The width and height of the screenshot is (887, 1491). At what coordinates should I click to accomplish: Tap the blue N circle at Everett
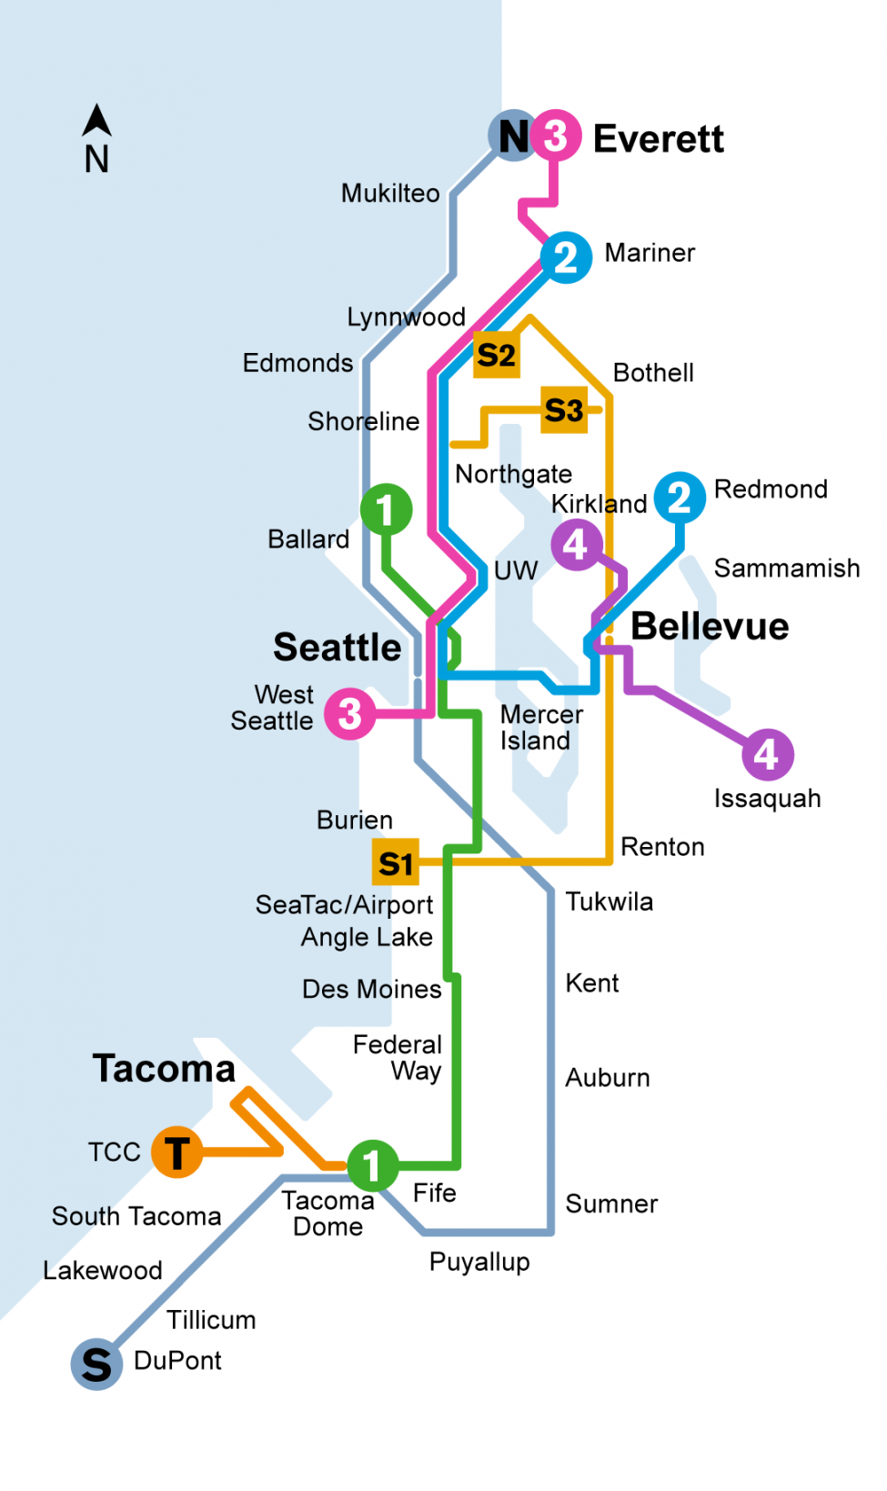(x=513, y=136)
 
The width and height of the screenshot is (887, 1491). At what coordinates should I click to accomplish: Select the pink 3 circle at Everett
(x=556, y=136)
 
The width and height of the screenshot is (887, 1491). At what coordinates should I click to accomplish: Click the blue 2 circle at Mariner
(x=566, y=257)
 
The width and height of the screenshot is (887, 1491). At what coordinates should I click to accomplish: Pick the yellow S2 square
(x=497, y=355)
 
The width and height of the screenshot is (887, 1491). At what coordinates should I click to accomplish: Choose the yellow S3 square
(x=564, y=410)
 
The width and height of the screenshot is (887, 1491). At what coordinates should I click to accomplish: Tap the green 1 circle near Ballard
(x=386, y=509)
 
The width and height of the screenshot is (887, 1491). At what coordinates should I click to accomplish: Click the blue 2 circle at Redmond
(x=680, y=498)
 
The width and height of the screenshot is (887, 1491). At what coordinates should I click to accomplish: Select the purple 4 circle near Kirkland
(x=576, y=545)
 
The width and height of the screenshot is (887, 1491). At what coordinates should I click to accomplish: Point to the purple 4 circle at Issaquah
(x=767, y=754)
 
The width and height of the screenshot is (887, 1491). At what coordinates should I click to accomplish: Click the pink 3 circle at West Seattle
(x=350, y=713)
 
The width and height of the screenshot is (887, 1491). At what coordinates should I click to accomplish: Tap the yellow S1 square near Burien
(x=396, y=862)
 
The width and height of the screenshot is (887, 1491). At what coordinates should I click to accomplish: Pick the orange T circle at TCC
(x=176, y=1152)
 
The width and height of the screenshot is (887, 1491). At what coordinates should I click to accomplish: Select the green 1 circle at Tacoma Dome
(x=372, y=1165)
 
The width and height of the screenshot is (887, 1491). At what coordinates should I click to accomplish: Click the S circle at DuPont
(x=96, y=1365)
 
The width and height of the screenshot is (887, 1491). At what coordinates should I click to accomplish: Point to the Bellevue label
(x=710, y=626)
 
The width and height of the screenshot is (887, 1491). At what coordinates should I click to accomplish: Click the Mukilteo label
(x=390, y=193)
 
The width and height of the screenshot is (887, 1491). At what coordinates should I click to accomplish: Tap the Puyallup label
(x=479, y=1262)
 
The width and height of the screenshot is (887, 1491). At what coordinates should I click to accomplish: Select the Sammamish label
(x=787, y=569)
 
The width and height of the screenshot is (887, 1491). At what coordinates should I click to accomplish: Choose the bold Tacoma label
(x=164, y=1068)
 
